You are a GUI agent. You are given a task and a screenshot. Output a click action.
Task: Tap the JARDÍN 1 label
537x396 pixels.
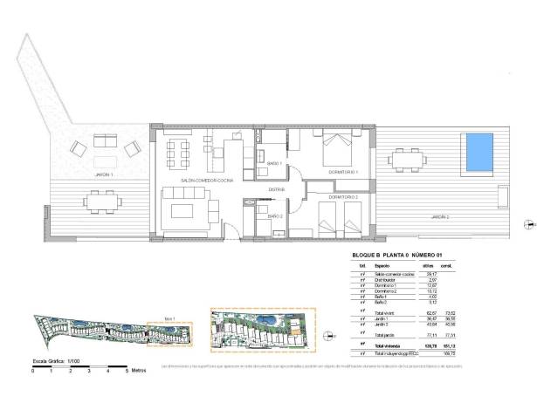coord(105,175)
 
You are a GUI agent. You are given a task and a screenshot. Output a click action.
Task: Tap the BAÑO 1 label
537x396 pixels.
coord(274,163)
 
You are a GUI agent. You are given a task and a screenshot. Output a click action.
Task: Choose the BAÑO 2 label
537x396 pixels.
coord(274,215)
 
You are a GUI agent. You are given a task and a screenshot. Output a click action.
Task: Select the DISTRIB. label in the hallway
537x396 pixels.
coord(276,189)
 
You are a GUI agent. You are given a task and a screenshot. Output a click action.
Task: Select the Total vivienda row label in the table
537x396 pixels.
coord(389,345)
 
